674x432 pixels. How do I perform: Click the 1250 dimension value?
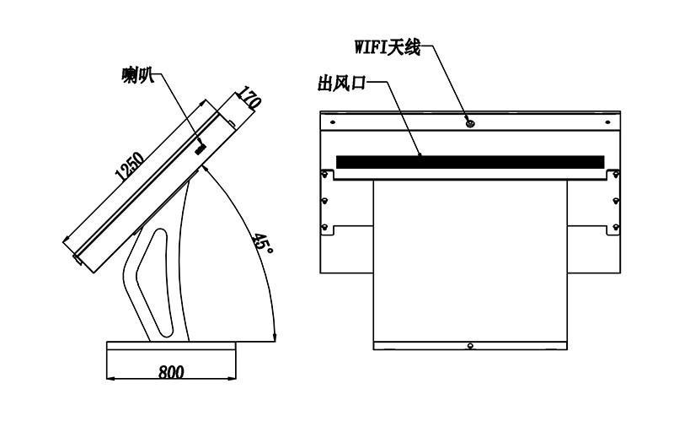tap(130, 165)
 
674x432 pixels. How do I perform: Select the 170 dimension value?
tap(249, 98)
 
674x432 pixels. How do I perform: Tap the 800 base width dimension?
tap(171, 372)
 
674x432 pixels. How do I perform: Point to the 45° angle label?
tap(262, 244)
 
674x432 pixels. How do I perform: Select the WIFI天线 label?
tap(388, 47)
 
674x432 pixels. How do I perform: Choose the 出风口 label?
tap(342, 83)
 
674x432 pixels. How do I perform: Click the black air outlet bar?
tap(470, 162)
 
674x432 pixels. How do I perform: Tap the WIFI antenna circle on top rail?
tap(470, 124)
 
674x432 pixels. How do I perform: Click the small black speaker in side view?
tap(201, 148)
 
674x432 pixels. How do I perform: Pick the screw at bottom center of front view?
tap(470, 345)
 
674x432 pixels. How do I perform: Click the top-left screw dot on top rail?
tap(333, 122)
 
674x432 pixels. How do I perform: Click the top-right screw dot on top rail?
tap(607, 122)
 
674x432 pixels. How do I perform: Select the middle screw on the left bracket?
tap(325, 201)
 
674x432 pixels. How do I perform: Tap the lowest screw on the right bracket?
tap(616, 227)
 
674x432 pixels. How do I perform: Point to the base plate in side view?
tap(171, 346)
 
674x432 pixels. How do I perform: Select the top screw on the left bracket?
tap(325, 175)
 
